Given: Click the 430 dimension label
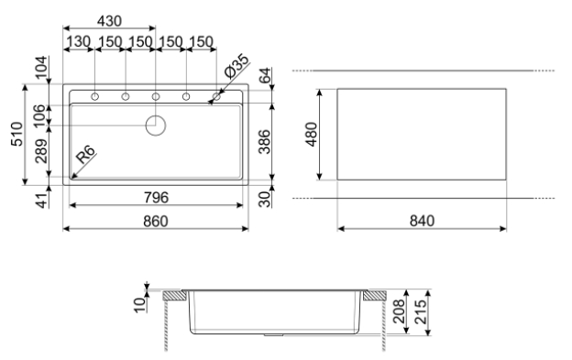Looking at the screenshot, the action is point(109,21).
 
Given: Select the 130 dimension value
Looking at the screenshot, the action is point(78,41).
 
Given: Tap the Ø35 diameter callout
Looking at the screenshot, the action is point(236,66).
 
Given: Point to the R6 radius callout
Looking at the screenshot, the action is point(86,154).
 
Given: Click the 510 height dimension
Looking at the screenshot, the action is point(16,134).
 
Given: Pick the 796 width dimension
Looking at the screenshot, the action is point(156,198).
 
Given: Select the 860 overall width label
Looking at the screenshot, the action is point(156,221).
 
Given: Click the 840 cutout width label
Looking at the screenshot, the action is point(422,221).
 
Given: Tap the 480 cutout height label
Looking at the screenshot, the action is point(312,135).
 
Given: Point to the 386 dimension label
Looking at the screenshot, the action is point(265,142).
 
